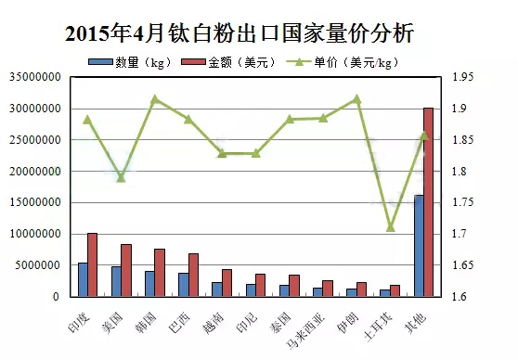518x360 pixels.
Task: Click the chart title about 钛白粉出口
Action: click(240, 33)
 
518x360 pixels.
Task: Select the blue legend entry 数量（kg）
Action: click(130, 62)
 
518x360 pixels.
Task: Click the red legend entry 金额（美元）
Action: click(228, 62)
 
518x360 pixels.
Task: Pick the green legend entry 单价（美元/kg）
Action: click(343, 62)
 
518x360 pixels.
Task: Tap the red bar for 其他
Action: click(428, 201)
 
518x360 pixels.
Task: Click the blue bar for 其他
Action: click(419, 245)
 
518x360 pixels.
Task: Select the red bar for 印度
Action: click(92, 264)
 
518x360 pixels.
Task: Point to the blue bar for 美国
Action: click(116, 281)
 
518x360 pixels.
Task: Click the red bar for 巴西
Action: click(193, 275)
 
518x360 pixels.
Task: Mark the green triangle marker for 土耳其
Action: click(391, 227)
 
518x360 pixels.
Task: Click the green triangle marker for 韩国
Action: click(155, 98)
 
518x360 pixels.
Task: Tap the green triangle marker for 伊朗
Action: click(356, 98)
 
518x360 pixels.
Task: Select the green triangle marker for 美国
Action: click(122, 178)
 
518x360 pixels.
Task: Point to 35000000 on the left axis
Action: click(35, 77)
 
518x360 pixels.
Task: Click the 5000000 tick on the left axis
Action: click(38, 265)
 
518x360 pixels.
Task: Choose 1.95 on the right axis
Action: click(462, 77)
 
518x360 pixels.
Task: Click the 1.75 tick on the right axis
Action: click(462, 202)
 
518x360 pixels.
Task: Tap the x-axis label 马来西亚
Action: click(305, 330)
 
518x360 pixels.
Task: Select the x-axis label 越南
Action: click(214, 323)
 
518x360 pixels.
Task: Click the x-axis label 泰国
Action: click(280, 322)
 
